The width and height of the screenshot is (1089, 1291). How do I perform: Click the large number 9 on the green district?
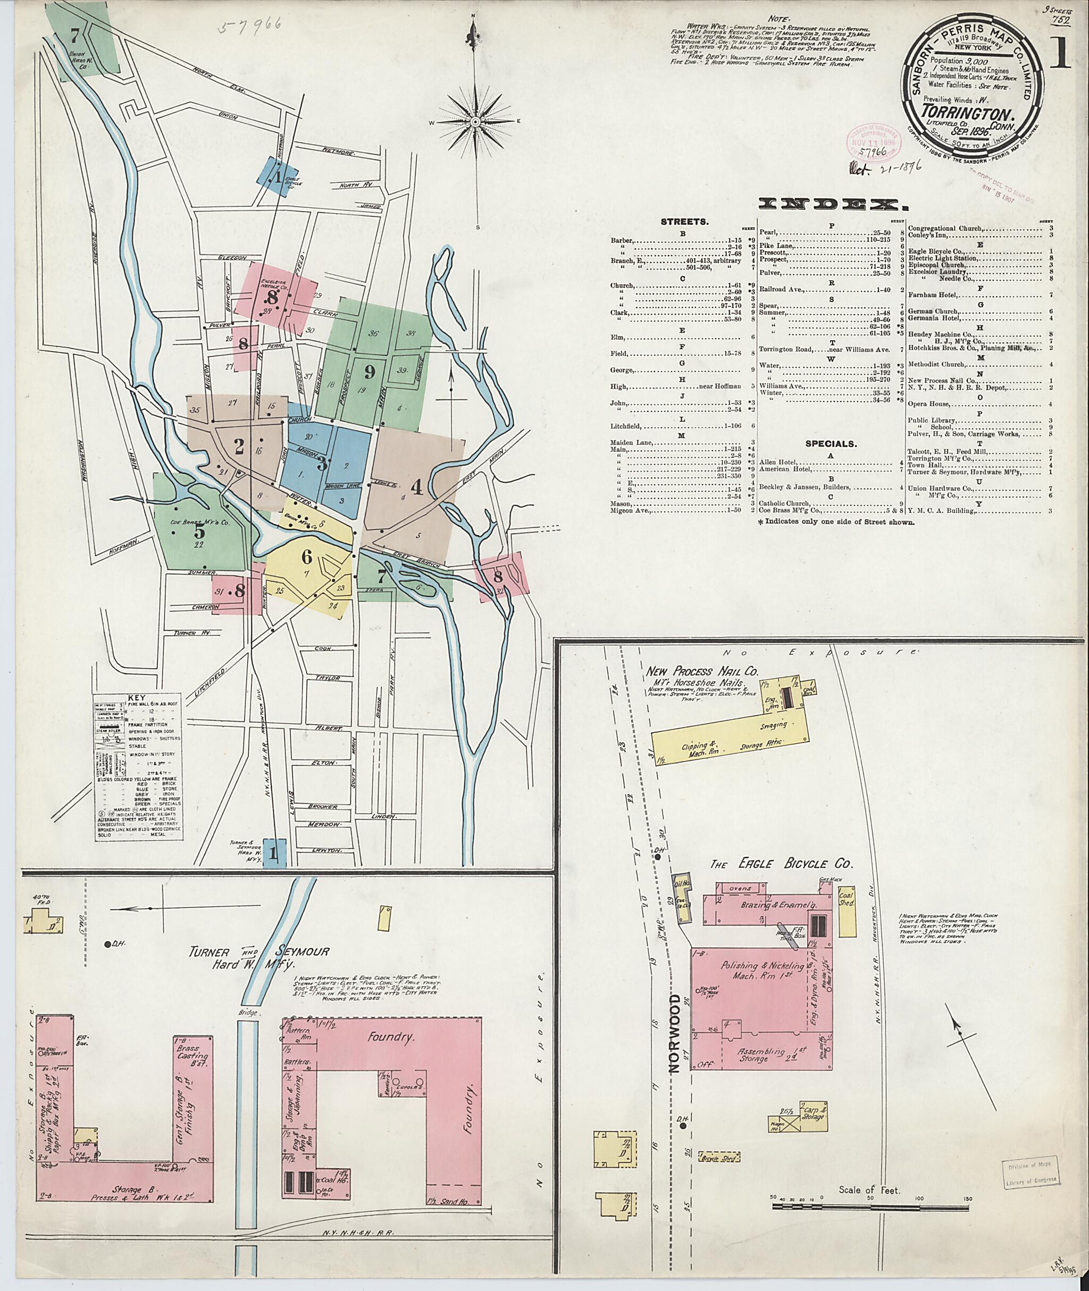369,372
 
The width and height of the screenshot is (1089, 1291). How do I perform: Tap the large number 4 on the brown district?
416,487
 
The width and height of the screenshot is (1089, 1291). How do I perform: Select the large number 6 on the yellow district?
306,556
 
